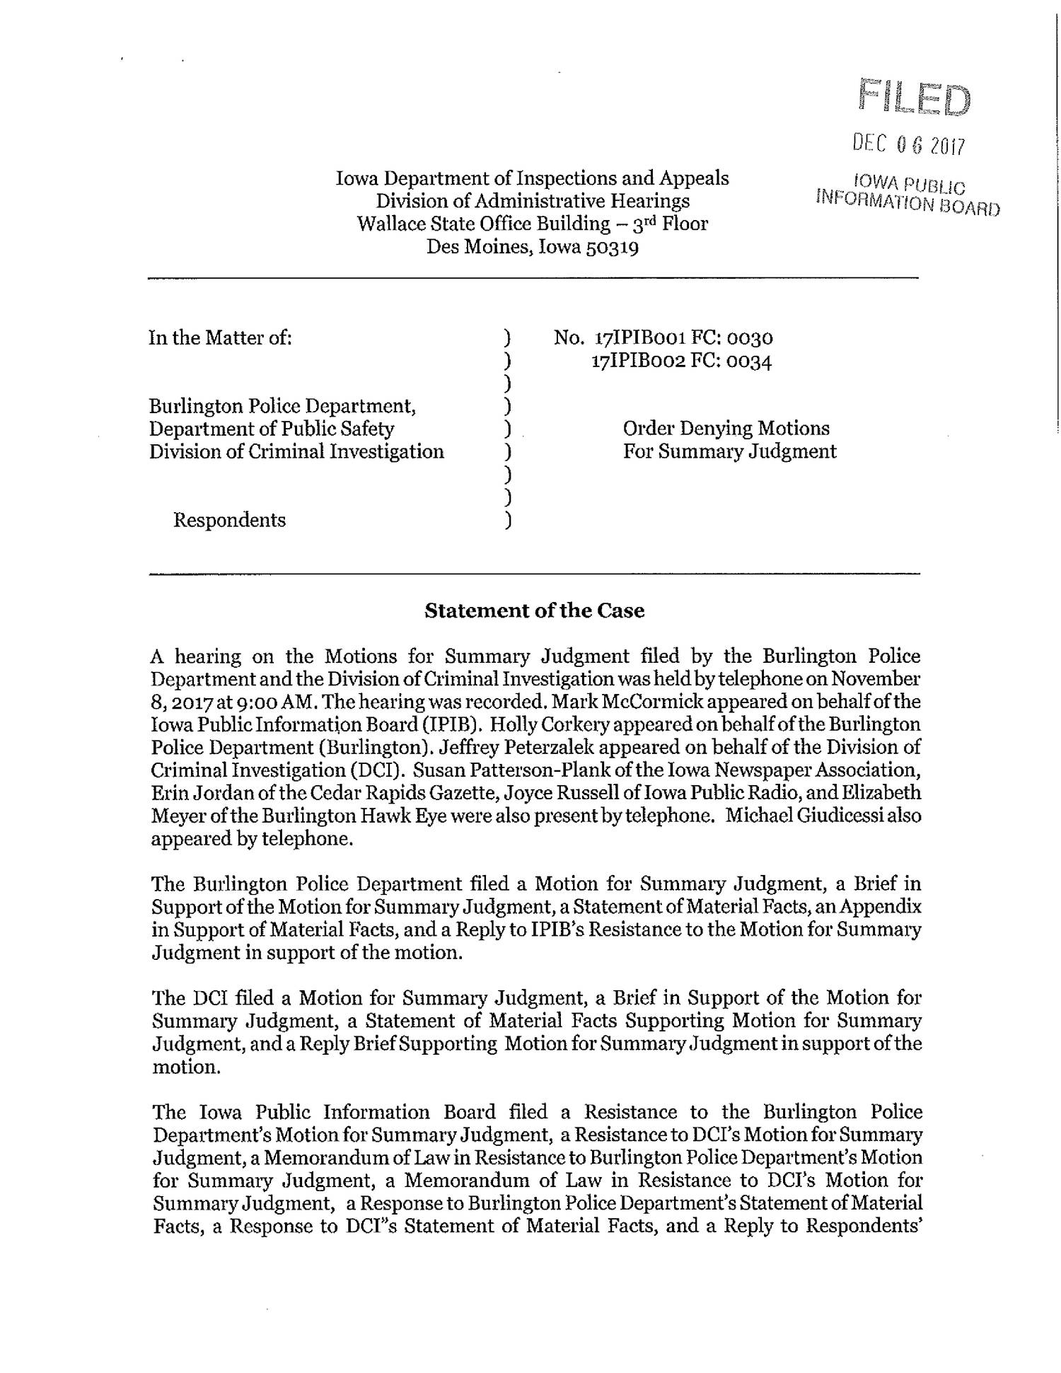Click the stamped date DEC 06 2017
pos(908,145)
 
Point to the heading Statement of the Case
pos(534,610)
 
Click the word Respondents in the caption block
pos(230,520)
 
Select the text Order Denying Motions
pos(726,428)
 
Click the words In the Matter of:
pos(220,337)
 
